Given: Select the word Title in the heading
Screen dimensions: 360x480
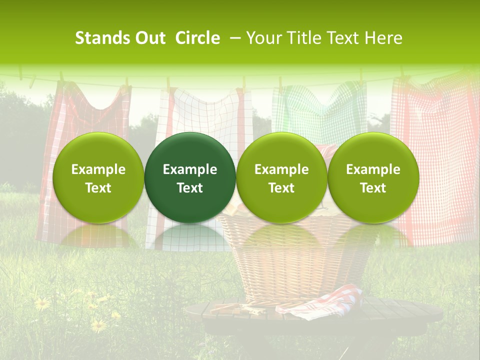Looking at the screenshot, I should coord(303,38).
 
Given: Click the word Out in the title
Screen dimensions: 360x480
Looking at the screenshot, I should coord(150,38).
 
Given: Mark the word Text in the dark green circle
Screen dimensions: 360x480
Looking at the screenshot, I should coord(190,188).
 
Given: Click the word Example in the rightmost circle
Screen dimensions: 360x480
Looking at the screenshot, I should coord(373,169).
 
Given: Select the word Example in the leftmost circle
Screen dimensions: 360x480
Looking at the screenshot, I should coord(98,169).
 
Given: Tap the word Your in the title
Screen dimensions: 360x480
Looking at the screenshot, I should coord(263,38).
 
